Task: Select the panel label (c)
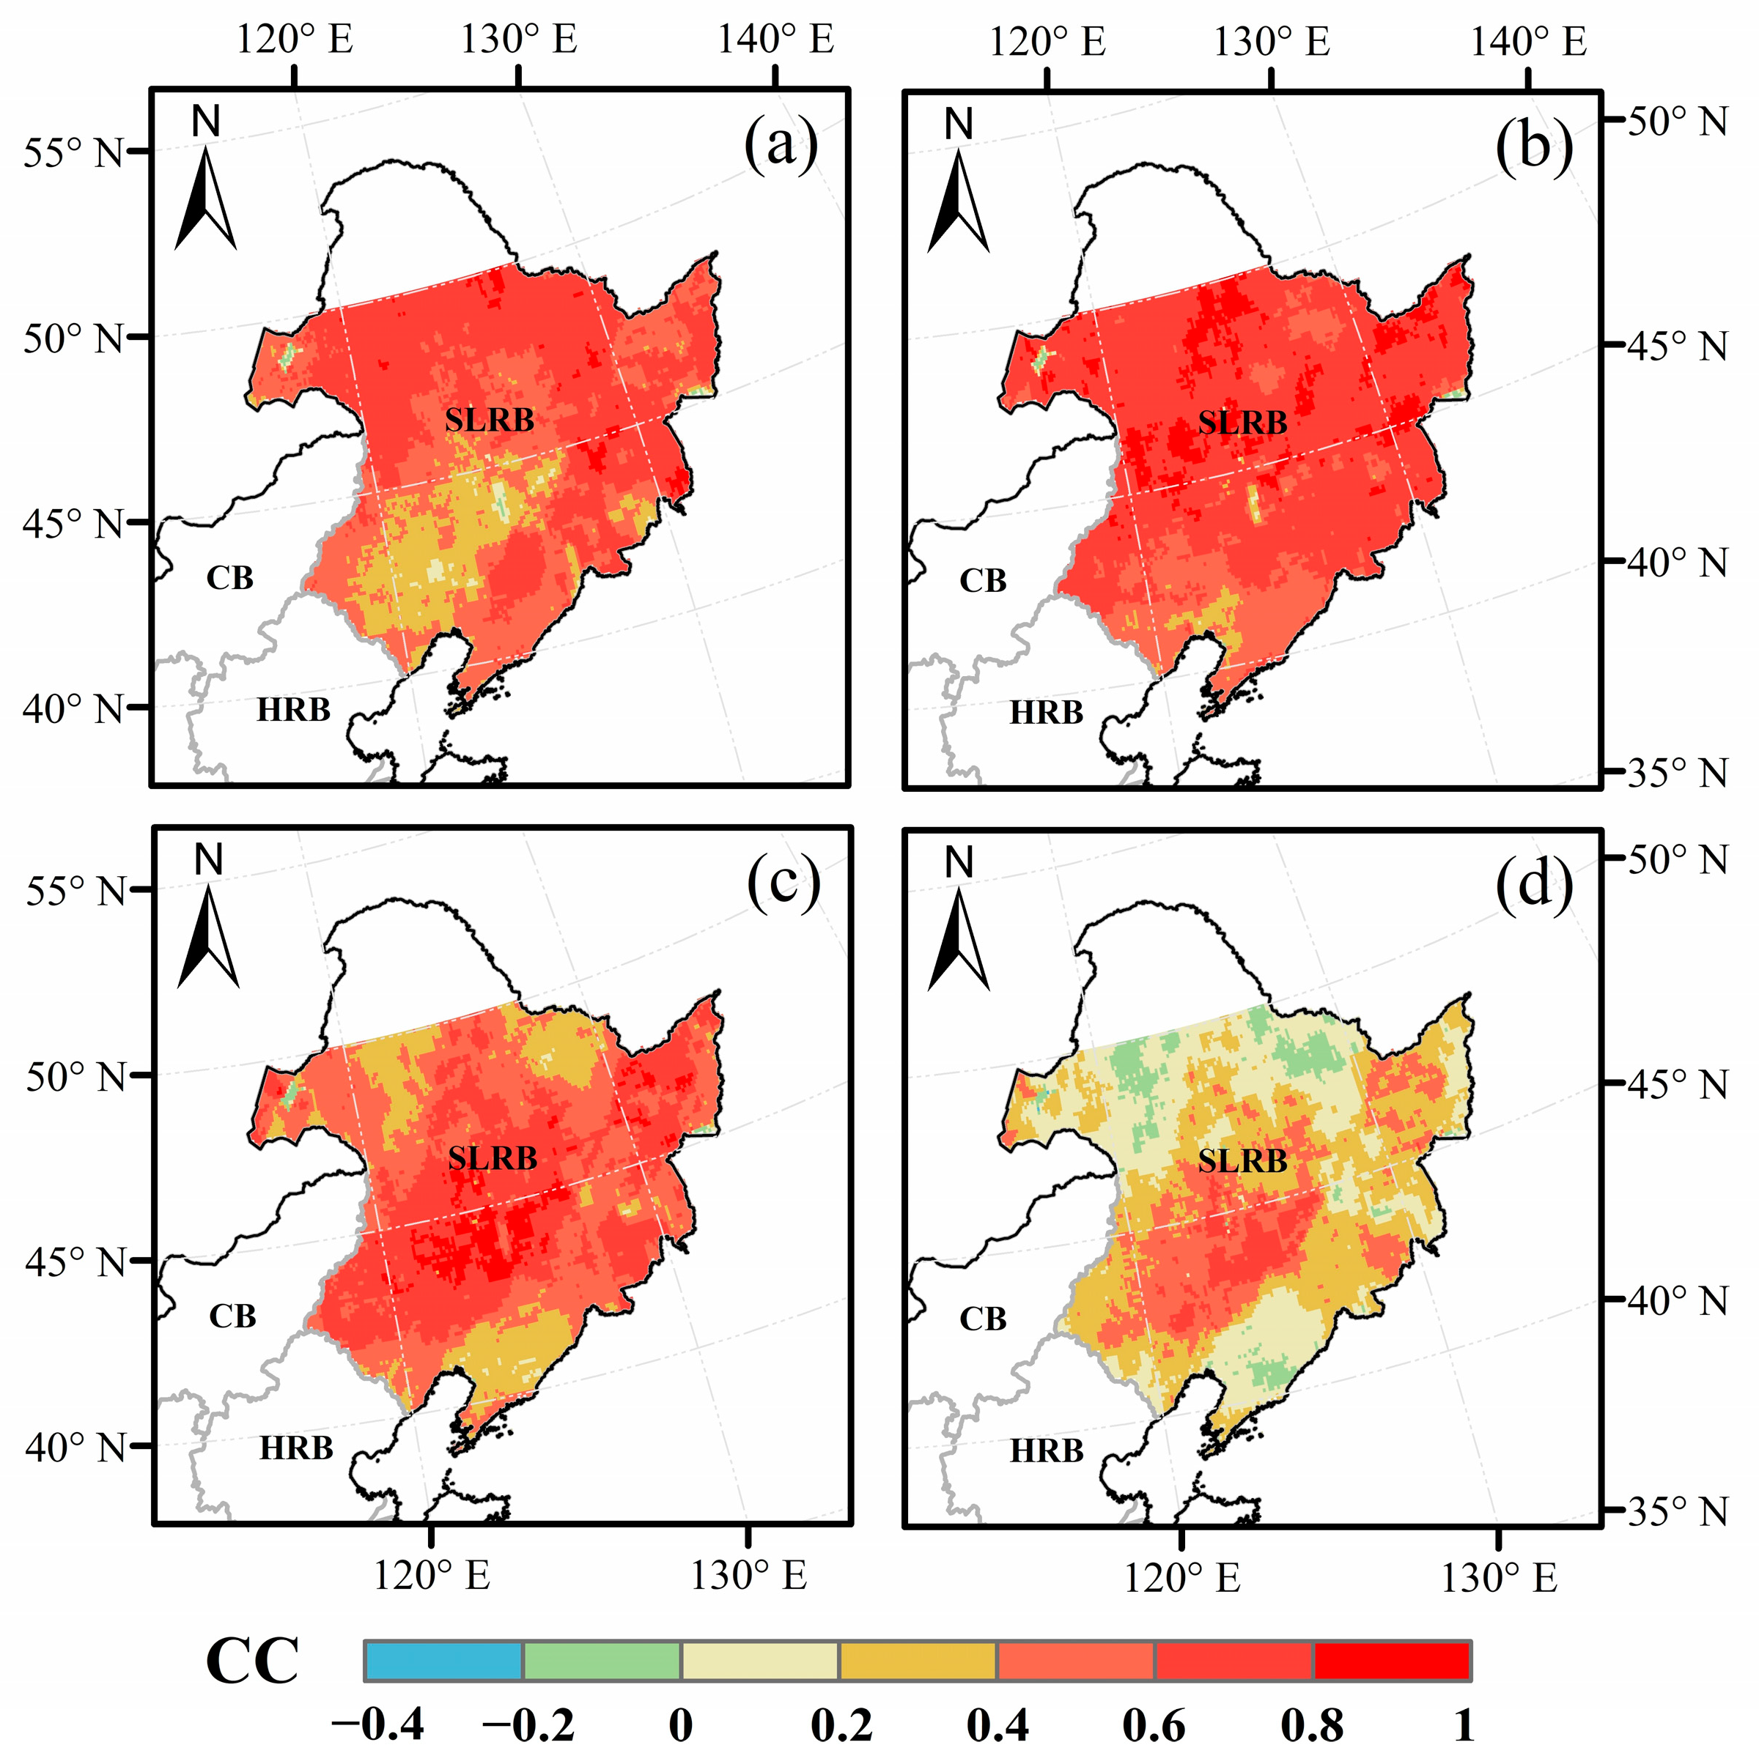[x=783, y=883]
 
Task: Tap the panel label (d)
[x=1533, y=883]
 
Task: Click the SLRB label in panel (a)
[x=490, y=420]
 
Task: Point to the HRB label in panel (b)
[x=1046, y=712]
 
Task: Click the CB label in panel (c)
[x=232, y=1316]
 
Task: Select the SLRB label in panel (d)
[x=1242, y=1161]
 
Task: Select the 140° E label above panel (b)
[x=1528, y=41]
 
